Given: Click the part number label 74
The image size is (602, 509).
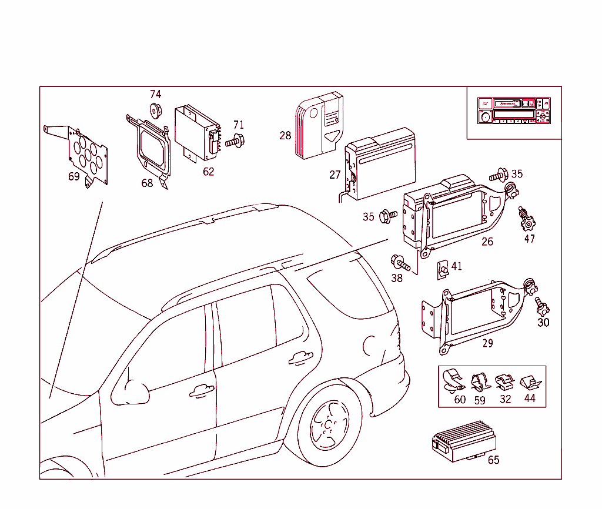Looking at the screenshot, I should click(155, 94).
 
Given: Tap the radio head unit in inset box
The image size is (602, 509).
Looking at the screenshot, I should click(514, 110).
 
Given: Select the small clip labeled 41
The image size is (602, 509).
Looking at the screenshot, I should click(442, 269).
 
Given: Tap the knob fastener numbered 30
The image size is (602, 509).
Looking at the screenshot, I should click(541, 306).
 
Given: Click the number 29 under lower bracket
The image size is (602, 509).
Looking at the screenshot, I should click(487, 343).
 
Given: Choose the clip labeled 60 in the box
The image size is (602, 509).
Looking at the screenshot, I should click(453, 381).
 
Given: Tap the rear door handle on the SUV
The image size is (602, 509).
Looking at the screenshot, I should click(300, 356).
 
